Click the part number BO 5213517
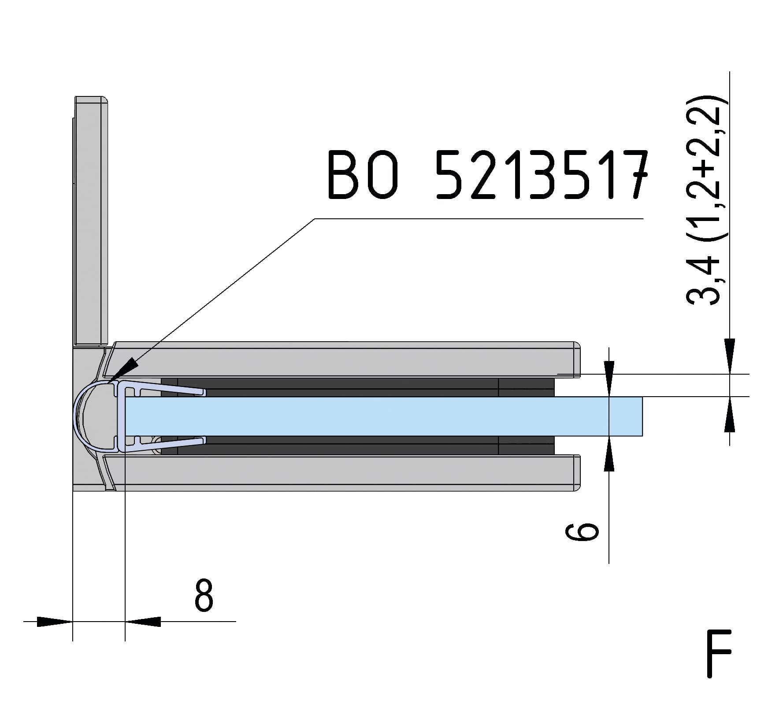click(x=487, y=175)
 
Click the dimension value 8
click(x=204, y=595)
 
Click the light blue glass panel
click(x=383, y=416)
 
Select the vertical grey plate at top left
click(x=91, y=220)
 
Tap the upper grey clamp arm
click(x=344, y=359)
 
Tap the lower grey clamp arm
click(x=344, y=473)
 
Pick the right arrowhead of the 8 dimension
click(x=143, y=622)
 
